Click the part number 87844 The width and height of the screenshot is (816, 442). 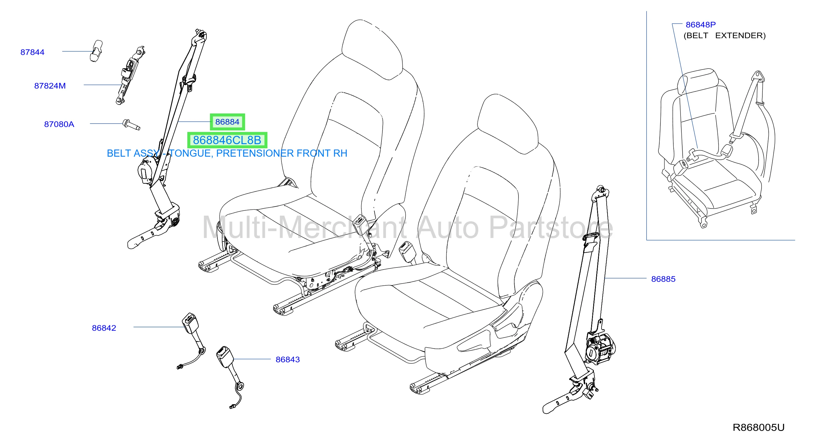point(32,52)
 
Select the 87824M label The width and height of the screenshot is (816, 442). point(50,86)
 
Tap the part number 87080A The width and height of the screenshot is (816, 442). point(59,124)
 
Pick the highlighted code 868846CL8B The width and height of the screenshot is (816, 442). point(227,140)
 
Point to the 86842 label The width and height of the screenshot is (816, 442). point(104,328)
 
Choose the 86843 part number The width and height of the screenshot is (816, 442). point(288,359)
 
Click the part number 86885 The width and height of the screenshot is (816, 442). point(663,279)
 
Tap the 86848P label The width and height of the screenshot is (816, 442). point(701,25)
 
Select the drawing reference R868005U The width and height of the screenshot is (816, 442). point(759,428)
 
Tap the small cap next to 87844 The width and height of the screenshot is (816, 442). point(96,51)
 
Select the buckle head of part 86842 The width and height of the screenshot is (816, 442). point(190,323)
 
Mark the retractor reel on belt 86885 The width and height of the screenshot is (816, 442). point(600,348)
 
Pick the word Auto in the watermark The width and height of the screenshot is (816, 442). point(448,228)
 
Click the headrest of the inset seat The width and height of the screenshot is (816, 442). point(697,81)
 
